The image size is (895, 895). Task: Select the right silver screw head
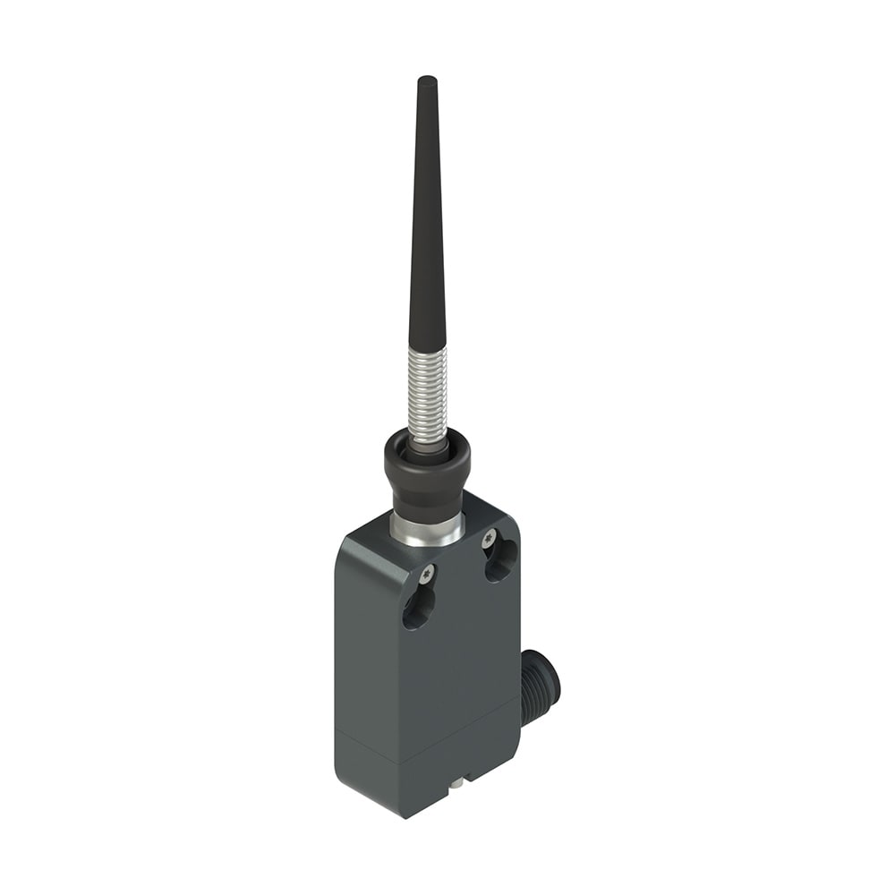tap(489, 539)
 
